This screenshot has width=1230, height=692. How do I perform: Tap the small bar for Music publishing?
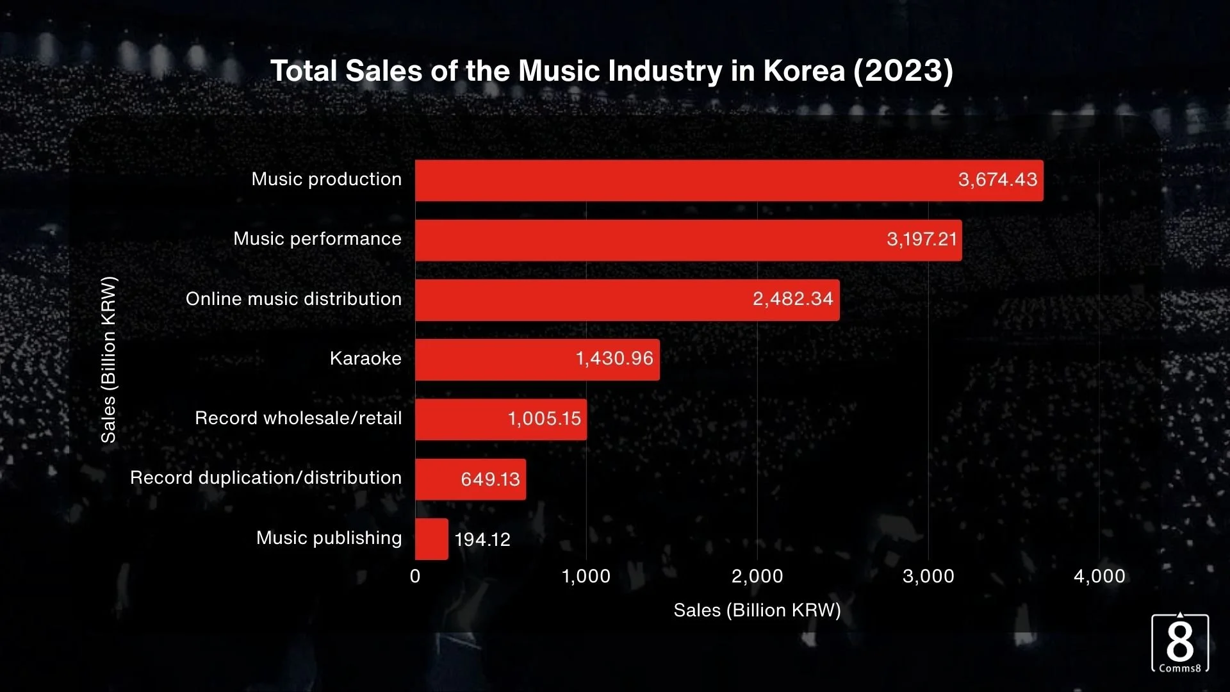click(431, 539)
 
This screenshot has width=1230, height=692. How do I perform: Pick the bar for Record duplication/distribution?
click(470, 479)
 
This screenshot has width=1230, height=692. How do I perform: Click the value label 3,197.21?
click(921, 240)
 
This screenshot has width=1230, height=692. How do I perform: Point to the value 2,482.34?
click(792, 299)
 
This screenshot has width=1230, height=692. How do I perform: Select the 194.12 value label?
click(482, 540)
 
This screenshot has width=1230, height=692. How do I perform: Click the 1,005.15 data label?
click(544, 419)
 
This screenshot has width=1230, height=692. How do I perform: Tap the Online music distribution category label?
click(293, 299)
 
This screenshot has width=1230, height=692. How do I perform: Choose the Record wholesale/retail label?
click(298, 418)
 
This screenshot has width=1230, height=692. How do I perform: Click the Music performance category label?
click(317, 239)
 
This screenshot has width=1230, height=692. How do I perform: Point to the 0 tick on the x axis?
click(415, 576)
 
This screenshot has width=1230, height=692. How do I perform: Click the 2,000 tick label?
click(757, 576)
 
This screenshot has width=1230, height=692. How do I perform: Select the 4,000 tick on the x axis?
click(1099, 576)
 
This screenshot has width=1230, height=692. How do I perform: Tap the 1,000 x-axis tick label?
click(586, 576)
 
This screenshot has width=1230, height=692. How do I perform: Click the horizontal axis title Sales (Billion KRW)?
click(757, 610)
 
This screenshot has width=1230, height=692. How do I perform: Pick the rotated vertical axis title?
click(109, 359)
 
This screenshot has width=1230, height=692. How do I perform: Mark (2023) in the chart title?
click(903, 70)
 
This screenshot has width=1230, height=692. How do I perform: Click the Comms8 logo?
click(1179, 643)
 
